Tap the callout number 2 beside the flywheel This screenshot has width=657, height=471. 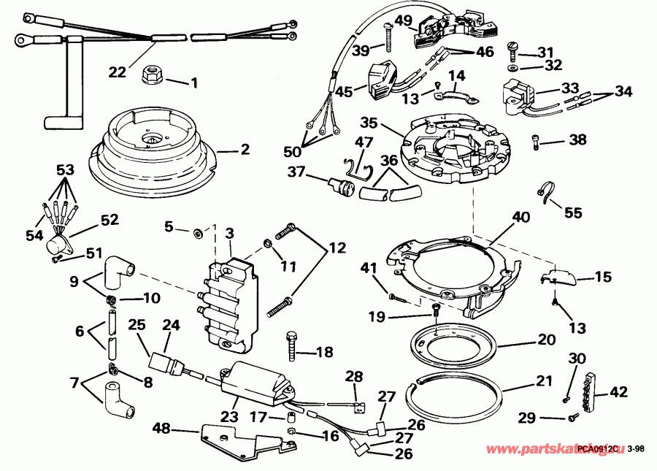(245, 150)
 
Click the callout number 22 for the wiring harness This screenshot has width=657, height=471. (118, 72)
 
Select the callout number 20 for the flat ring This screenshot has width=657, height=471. (547, 339)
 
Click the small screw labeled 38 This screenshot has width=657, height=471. (537, 139)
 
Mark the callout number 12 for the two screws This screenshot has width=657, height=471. (337, 248)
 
